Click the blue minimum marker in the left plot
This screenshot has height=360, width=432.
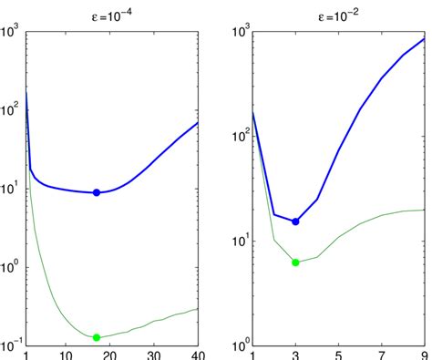coord(97,192)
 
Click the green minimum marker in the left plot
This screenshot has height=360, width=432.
coord(97,337)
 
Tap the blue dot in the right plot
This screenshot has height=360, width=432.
coord(295,221)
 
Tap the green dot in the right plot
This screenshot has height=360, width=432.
coord(295,262)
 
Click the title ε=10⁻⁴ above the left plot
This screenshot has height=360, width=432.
coord(113,13)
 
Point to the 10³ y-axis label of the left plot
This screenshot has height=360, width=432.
coord(12,30)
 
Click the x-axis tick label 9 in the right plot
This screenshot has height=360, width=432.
coord(424,355)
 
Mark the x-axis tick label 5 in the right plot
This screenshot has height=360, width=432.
coord(338,355)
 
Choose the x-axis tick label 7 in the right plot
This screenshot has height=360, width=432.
coord(381,355)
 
